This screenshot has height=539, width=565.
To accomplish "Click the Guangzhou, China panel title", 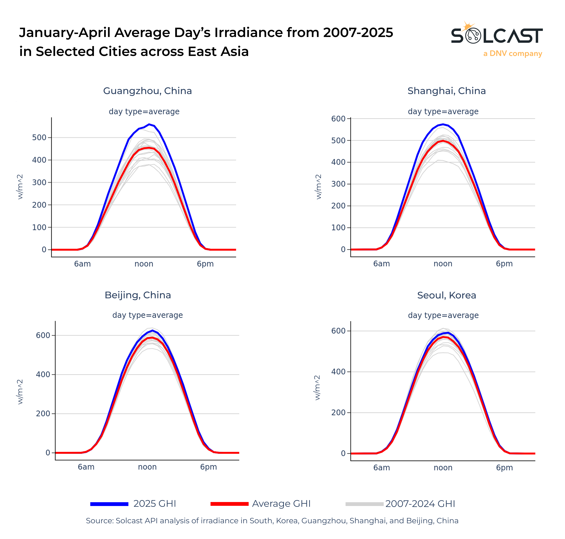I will pos(147,91).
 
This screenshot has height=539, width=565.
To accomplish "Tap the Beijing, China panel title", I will pos(138,295).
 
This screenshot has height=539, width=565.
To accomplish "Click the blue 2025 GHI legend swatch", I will pos(109,504).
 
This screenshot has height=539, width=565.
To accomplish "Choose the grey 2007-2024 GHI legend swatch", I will pos(364,504).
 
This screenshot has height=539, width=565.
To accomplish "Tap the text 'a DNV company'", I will pos(512,54).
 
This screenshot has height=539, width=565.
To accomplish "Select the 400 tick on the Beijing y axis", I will pos(43,374).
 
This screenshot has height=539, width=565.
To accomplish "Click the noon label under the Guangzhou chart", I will pos(144,264).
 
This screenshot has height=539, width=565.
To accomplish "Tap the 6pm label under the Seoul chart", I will pos(504,468).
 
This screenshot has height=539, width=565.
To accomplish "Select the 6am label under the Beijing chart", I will pos(86,467).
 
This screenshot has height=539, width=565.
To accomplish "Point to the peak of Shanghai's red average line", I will pos(443,141).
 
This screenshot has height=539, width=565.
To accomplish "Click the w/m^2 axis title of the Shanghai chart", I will pos(318,187).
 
